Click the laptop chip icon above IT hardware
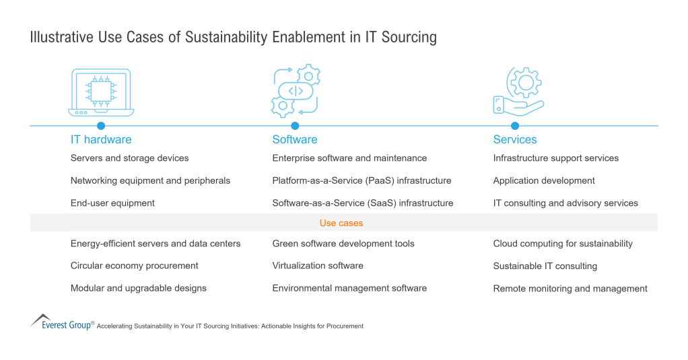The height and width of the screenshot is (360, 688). click(101, 92)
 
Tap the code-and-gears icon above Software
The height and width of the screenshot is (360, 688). click(295, 91)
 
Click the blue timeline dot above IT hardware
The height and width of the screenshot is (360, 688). click(101, 126)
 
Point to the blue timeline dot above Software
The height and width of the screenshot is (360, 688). click(295, 126)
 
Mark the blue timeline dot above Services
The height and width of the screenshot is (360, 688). click(515, 126)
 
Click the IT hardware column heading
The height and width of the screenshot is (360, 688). click(101, 140)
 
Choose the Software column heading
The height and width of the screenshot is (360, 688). click(295, 140)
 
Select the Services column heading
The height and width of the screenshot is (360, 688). click(515, 140)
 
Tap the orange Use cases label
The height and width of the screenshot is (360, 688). click(341, 223)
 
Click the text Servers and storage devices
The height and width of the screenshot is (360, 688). click(129, 158)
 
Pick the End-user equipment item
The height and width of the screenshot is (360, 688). click(112, 203)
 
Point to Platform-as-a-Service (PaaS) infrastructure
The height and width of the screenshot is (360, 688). click(362, 181)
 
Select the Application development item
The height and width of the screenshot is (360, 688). click(544, 181)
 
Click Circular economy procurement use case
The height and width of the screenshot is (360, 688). click(134, 266)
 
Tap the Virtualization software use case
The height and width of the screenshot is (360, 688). click(318, 266)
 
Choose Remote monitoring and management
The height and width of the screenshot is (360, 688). click(570, 289)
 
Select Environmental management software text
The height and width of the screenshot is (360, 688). click(349, 288)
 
